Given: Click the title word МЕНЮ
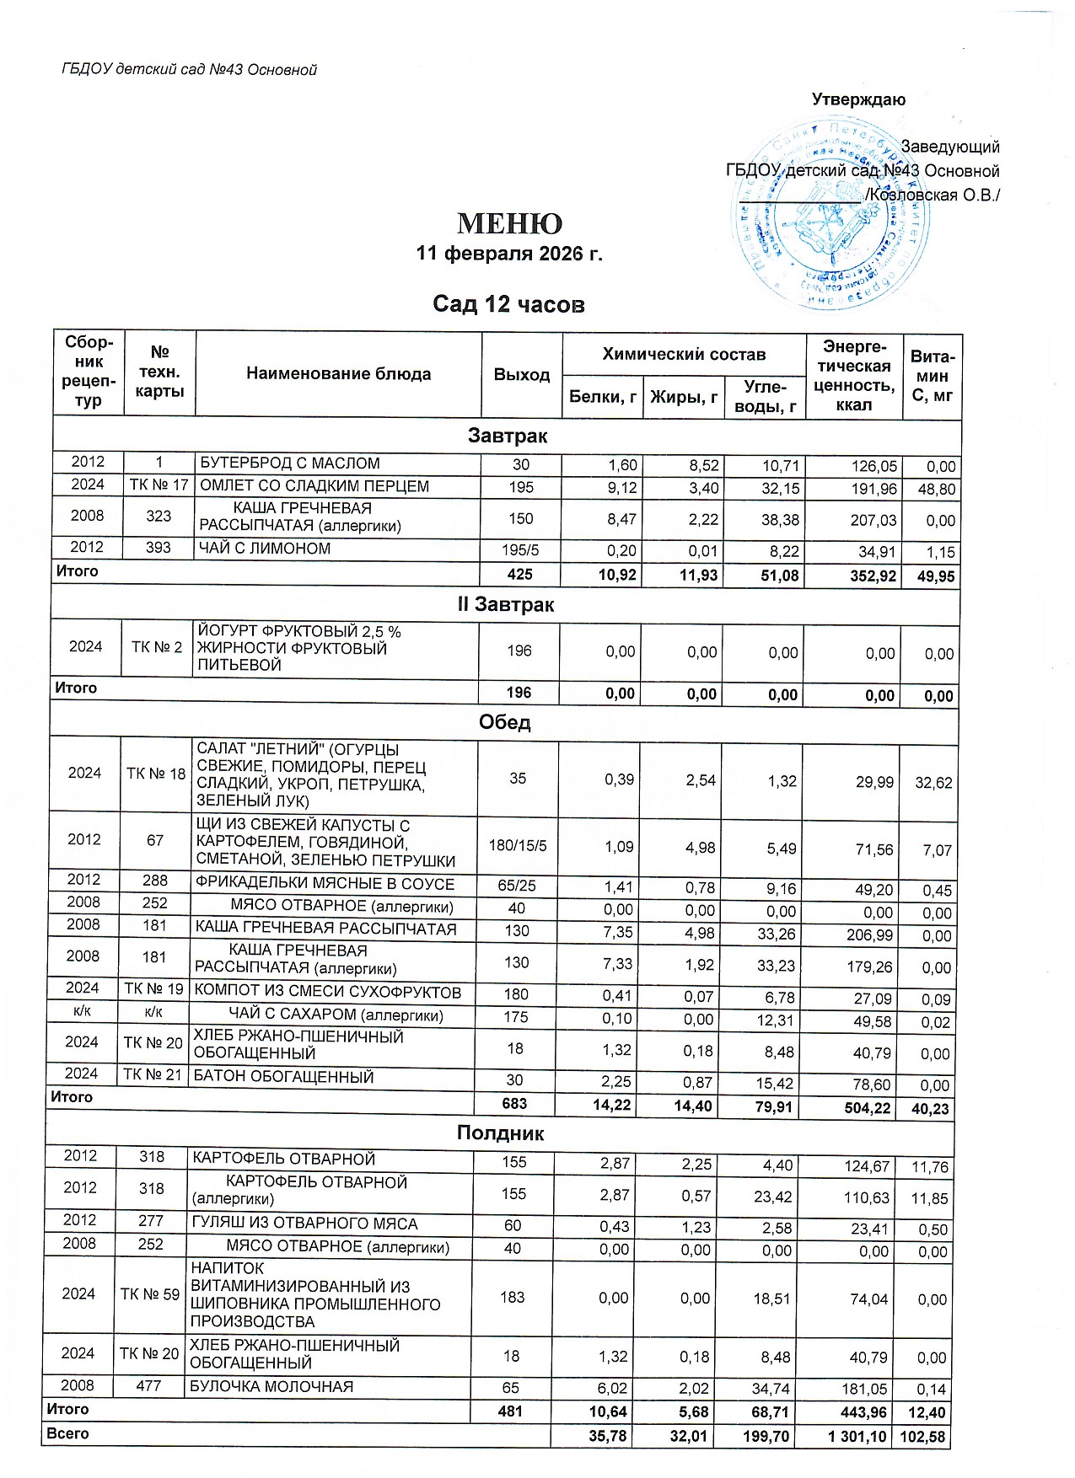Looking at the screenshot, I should click(x=509, y=224).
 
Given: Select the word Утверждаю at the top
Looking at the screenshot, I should click(x=858, y=99).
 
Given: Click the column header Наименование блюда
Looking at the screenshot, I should click(x=338, y=374).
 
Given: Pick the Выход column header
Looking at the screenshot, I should click(x=522, y=374).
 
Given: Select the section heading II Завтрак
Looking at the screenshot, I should click(x=506, y=605).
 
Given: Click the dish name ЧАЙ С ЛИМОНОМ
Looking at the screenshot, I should click(x=265, y=549).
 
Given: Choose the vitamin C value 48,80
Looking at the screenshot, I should click(x=935, y=490).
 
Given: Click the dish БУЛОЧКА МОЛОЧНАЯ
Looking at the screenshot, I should click(x=271, y=1386).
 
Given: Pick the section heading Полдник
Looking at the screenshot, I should click(x=501, y=1133).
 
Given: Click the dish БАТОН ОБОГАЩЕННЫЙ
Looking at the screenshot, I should click(x=284, y=1077).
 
